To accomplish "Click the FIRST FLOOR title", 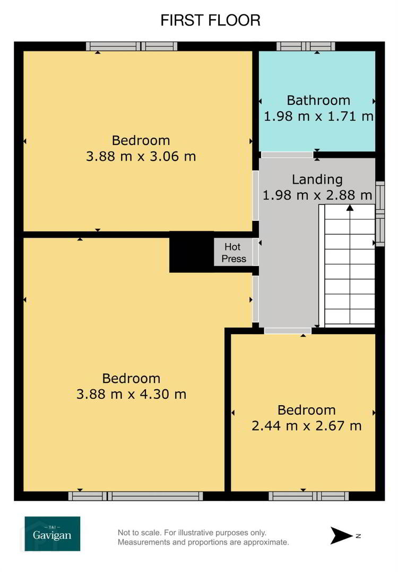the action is coord(210,21).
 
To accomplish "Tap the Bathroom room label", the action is coord(318,100).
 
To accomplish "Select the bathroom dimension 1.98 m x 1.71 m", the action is coord(318,117).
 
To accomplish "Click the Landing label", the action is coord(317,180).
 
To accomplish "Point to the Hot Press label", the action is coord(233,253).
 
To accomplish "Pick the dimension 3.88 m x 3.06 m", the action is coord(141,156).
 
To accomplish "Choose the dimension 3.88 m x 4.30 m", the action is coord(132,395).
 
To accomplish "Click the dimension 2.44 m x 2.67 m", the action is coord(307,426).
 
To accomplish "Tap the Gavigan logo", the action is coord(52,534).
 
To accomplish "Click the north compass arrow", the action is coord(341,535).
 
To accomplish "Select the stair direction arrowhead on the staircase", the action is coord(350,208).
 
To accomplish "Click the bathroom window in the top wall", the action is coord(306,46).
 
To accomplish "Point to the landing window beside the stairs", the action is coord(380,213).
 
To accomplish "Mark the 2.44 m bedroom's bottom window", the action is coord(308,496).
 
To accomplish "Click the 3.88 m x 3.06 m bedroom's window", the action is coord(132,46).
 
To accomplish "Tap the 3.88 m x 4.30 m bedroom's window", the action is coord(136,496).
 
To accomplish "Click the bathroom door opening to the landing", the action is coord(287,155).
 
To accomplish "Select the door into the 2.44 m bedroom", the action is coord(288,331).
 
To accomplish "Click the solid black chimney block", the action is coord(192,252).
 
